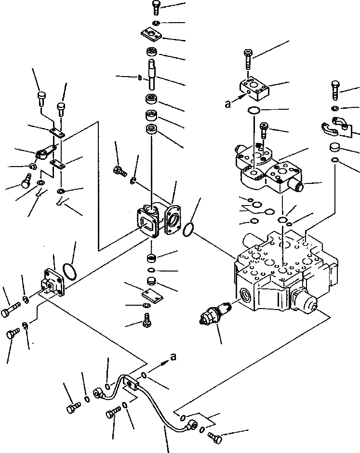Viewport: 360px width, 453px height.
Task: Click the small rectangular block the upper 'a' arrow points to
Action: (253, 90)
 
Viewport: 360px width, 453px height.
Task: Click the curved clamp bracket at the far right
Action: (335, 126)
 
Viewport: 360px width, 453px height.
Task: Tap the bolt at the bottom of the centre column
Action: (147, 320)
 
